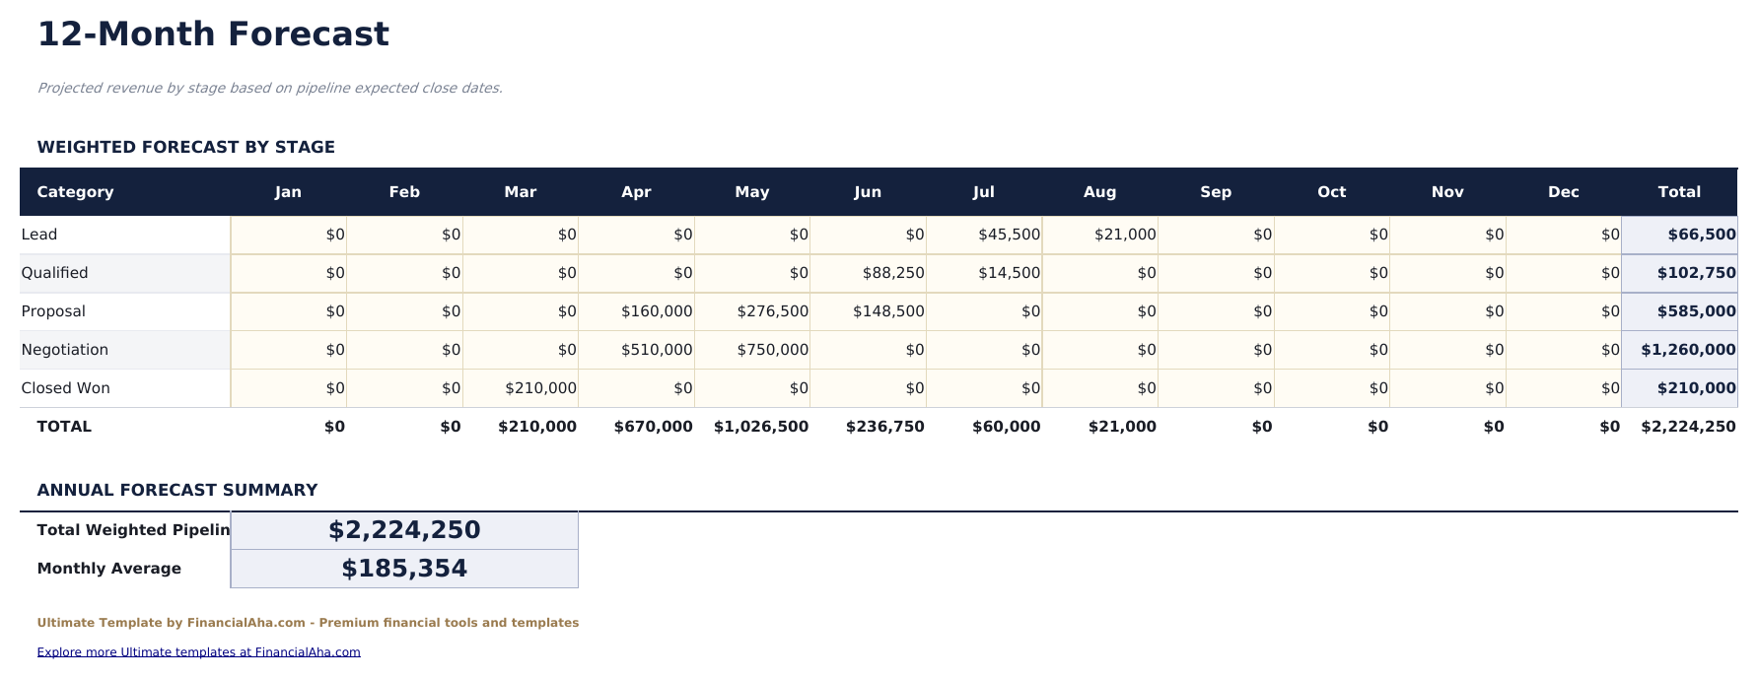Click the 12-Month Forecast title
point(213,34)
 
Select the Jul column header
point(983,192)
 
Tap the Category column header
point(75,192)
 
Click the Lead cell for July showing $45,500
point(1009,235)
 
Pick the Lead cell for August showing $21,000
point(1124,235)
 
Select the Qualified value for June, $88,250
point(892,273)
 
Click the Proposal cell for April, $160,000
point(657,311)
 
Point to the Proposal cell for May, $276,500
point(772,311)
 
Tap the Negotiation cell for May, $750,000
point(772,350)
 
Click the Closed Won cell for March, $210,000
point(540,388)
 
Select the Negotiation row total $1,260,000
point(1687,350)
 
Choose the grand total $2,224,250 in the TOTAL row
point(1687,427)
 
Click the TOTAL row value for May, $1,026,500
point(760,427)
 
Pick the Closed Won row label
point(66,388)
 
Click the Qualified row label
point(55,273)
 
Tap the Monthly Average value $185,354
point(404,569)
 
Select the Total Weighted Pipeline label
point(133,530)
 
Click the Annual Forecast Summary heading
point(177,490)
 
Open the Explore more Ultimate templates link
point(198,652)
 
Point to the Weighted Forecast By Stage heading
point(186,147)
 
